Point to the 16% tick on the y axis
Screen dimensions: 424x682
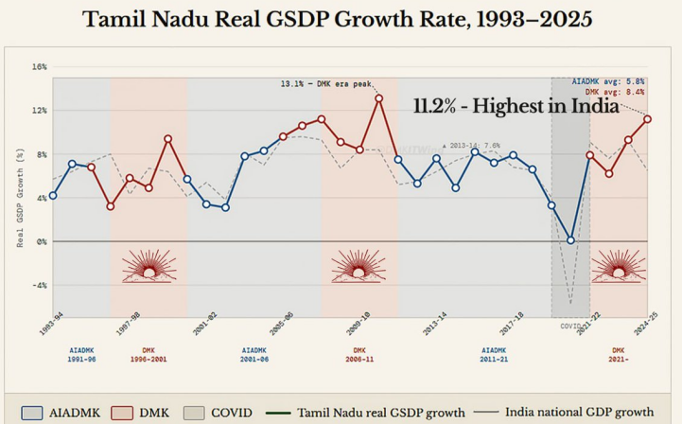[x=39, y=67]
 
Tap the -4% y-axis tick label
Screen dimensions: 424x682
[x=39, y=285]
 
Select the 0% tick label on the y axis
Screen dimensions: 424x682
[x=41, y=241]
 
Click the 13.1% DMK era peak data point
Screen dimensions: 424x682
[x=378, y=98]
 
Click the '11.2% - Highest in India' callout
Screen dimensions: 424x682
[x=516, y=107]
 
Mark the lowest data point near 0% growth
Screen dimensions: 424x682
[x=570, y=240]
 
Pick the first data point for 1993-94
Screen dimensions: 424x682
[x=53, y=196]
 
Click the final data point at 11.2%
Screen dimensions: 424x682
[x=648, y=119]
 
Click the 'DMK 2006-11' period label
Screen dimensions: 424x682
[x=359, y=354]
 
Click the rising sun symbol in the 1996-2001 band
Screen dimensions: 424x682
[x=149, y=267]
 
